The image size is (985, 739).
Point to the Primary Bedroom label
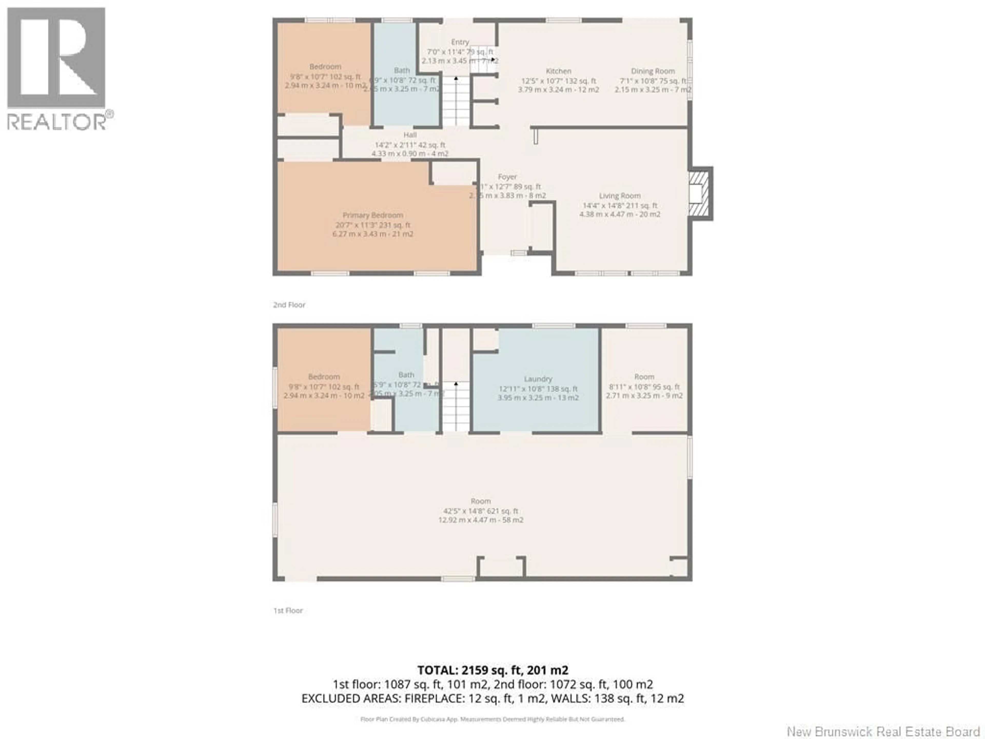tap(373, 215)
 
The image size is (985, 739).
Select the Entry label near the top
tap(460, 42)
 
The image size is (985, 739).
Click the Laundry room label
tap(538, 379)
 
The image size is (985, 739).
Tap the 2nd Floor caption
tap(289, 305)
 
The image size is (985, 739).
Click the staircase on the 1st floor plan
tap(456, 406)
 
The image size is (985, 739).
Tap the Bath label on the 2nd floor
tap(402, 70)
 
